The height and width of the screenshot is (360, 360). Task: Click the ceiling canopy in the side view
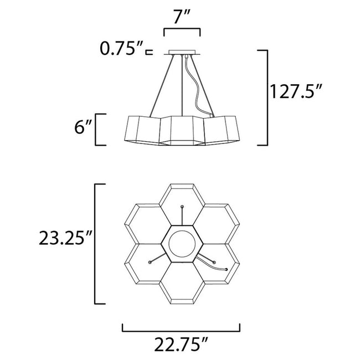coord(182,54)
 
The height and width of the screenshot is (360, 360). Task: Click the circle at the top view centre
coord(182,244)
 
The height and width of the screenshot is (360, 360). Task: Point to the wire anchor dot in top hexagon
coord(182,207)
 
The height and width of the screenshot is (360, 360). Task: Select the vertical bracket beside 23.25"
coord(97,244)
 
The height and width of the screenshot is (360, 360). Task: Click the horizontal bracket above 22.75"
coord(181,329)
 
